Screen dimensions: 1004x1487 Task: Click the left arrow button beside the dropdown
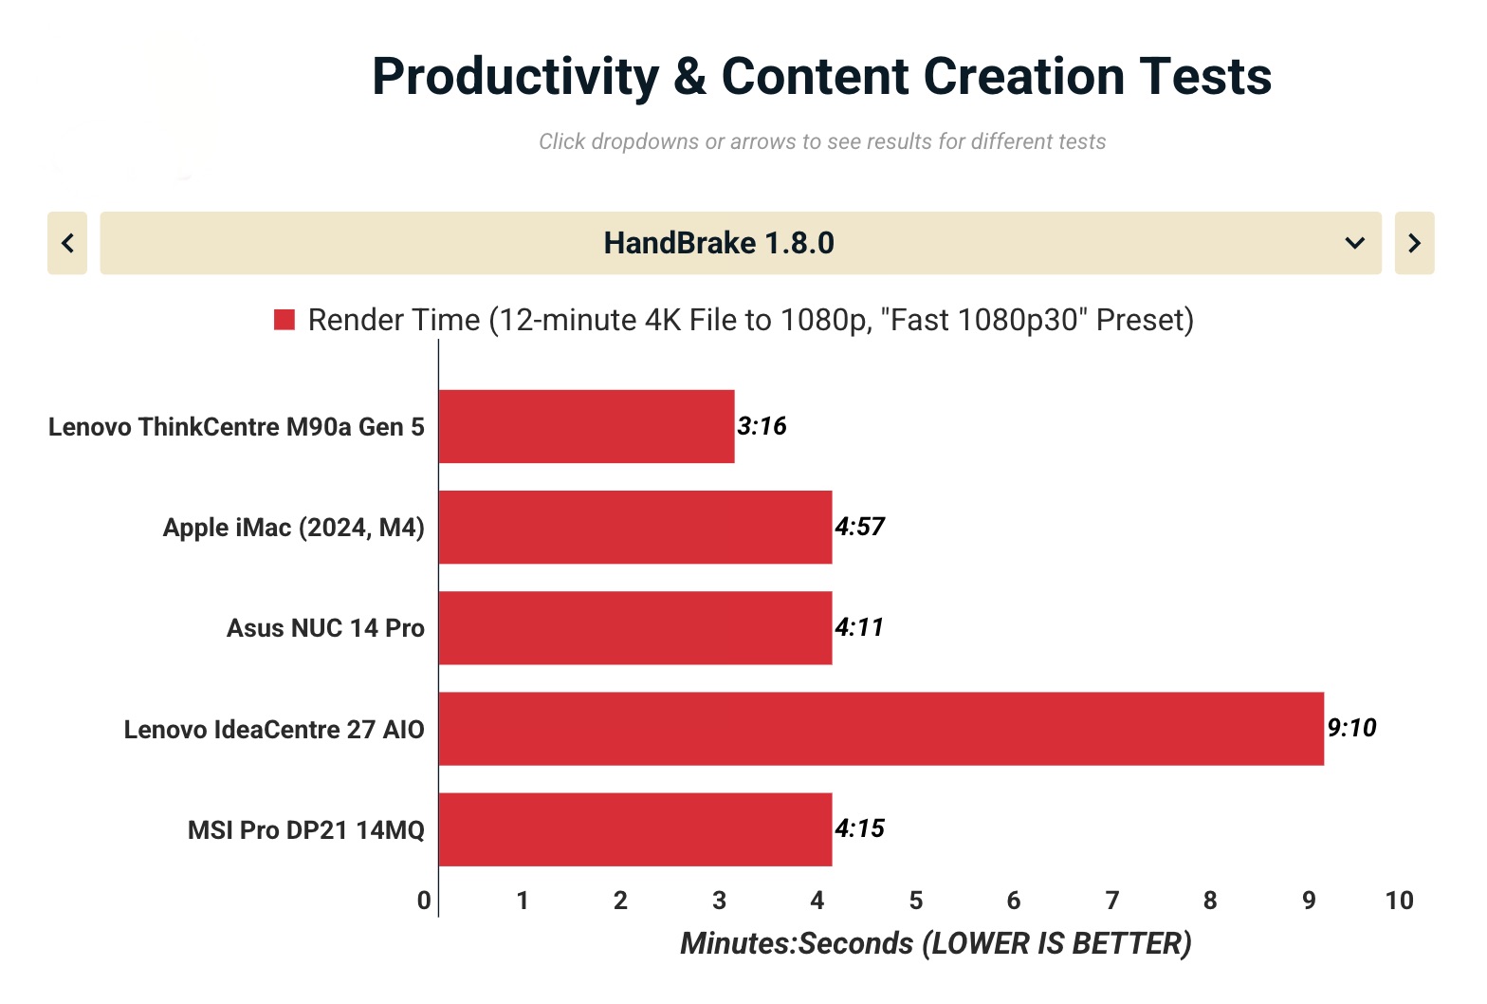tap(67, 243)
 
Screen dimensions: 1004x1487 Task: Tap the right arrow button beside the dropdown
tap(1414, 243)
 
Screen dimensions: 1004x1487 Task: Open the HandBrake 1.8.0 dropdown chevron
tap(1354, 243)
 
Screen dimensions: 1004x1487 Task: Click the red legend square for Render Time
tap(285, 320)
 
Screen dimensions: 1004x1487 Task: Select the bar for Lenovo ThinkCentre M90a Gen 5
tap(586, 426)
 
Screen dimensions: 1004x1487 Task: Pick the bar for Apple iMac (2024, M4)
tap(635, 527)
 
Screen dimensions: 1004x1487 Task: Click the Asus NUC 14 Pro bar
tap(635, 627)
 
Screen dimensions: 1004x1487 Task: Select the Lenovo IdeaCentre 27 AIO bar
tap(881, 728)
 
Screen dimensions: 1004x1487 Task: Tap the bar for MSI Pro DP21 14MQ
tap(635, 829)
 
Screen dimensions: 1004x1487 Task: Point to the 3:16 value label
tap(762, 426)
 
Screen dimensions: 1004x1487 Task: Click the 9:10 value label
tap(1351, 728)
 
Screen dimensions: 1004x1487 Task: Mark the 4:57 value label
tap(859, 527)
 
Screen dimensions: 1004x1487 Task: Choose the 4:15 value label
tap(859, 828)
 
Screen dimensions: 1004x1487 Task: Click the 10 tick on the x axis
tap(1399, 901)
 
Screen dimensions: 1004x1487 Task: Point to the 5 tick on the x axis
tap(915, 901)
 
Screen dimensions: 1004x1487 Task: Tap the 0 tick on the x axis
tap(424, 901)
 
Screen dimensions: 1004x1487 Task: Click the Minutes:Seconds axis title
tap(935, 943)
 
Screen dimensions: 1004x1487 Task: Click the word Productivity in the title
tap(515, 77)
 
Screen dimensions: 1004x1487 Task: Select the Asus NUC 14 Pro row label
tap(325, 628)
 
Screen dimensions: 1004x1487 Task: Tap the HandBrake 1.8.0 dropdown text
tap(719, 243)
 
